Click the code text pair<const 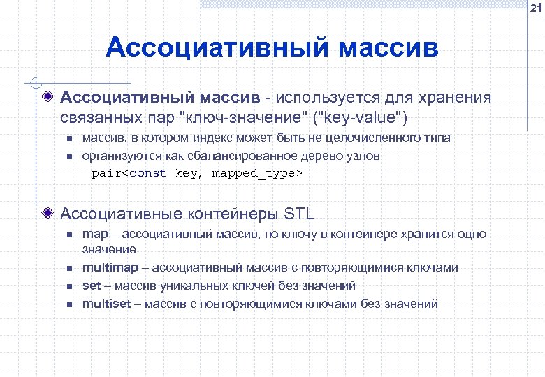click(129, 173)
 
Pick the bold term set click(92, 286)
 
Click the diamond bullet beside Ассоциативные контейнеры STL click(48, 212)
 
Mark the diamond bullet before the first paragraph click(48, 97)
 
